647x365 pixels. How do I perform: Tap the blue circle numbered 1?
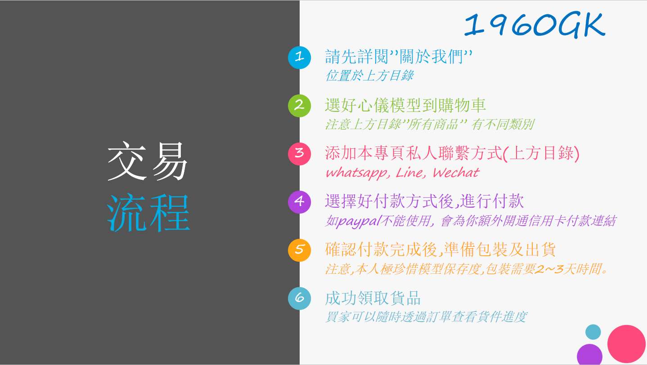point(299,58)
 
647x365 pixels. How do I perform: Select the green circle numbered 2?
point(299,106)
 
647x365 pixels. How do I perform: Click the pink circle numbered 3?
point(299,154)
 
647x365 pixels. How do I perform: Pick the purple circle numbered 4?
point(299,202)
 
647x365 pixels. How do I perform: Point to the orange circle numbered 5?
point(299,250)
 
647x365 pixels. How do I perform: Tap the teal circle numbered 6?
point(299,298)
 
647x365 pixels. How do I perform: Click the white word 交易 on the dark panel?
point(148,161)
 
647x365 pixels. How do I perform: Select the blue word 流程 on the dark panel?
point(148,213)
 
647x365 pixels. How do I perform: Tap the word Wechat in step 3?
point(456,173)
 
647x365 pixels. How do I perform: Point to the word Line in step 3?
point(410,173)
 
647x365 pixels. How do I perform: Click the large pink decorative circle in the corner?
point(626,344)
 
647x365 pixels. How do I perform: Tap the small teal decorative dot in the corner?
point(593,332)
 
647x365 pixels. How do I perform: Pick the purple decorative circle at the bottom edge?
point(589,355)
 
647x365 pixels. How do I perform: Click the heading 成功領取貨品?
point(373,298)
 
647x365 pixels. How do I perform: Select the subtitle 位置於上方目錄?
point(369,76)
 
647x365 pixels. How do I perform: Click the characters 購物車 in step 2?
point(462,105)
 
